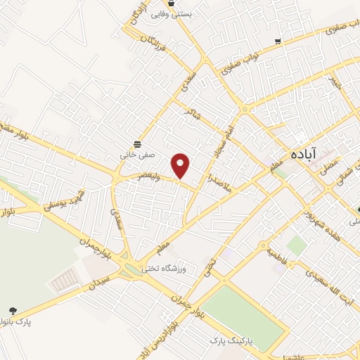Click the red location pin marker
click(x=181, y=165)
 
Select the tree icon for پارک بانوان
click(x=12, y=310)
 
